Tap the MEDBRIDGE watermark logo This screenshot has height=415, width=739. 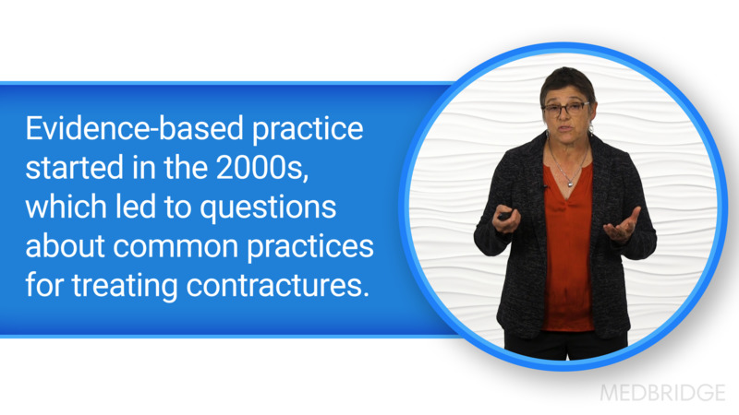tap(662, 392)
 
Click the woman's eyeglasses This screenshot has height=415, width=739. tap(565, 109)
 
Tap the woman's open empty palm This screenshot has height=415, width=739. tap(622, 224)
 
